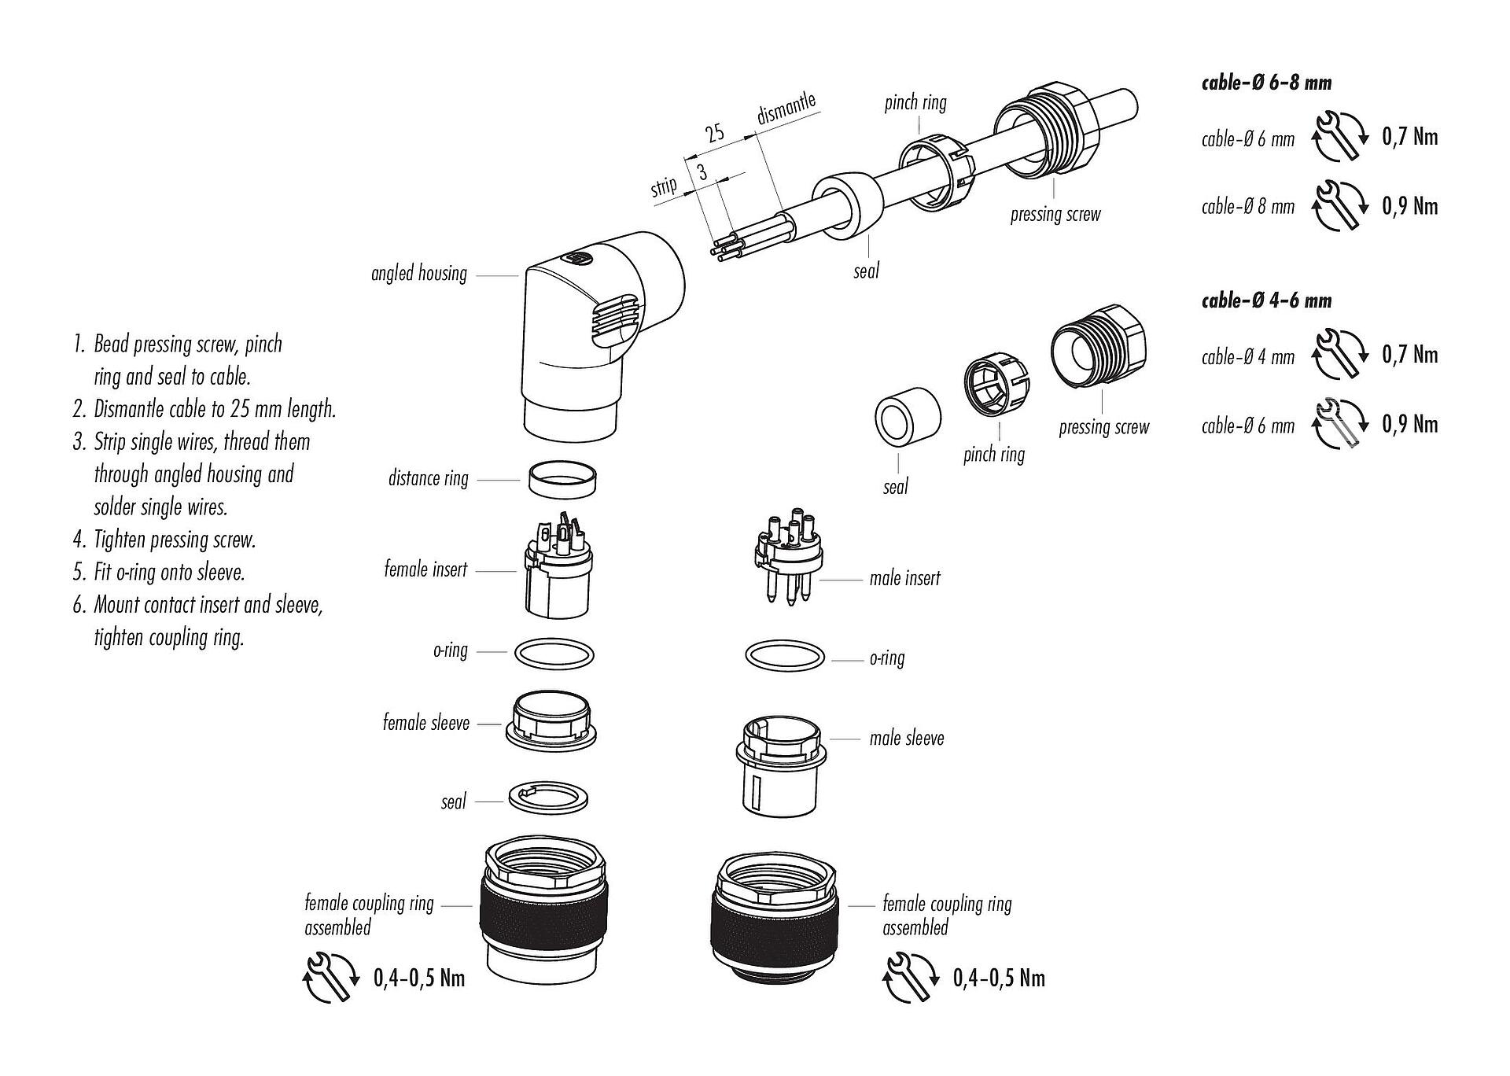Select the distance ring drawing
[561, 480]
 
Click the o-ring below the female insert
[554, 654]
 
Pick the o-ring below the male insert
[784, 657]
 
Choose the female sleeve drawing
[551, 720]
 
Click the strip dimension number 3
[702, 172]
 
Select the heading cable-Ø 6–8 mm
[1266, 83]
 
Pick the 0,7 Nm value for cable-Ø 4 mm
[1409, 355]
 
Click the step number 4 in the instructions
[79, 540]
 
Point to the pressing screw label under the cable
[1055, 215]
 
